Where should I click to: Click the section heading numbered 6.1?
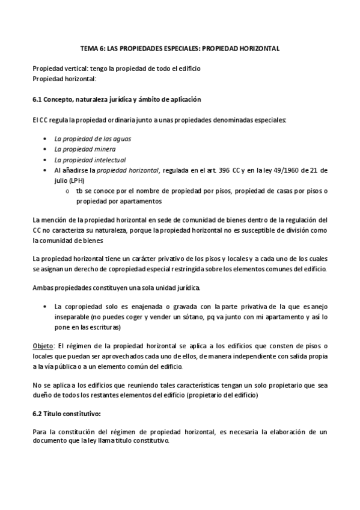pyautogui.click(x=117, y=99)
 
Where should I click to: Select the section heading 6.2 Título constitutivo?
pyautogui.click(x=75, y=414)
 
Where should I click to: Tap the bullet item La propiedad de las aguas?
pyautogui.click(x=93, y=138)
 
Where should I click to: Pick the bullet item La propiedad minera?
pyautogui.click(x=85, y=149)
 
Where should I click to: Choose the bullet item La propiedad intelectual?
pyautogui.click(x=90, y=160)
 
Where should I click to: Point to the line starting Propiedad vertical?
pyautogui.click(x=116, y=69)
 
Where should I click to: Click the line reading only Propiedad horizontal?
pyautogui.click(x=64, y=79)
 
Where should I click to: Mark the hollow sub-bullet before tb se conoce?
pyautogui.click(x=67, y=191)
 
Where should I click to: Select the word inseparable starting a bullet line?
pyautogui.click(x=72, y=317)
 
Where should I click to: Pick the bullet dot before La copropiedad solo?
pyautogui.click(x=45, y=307)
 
